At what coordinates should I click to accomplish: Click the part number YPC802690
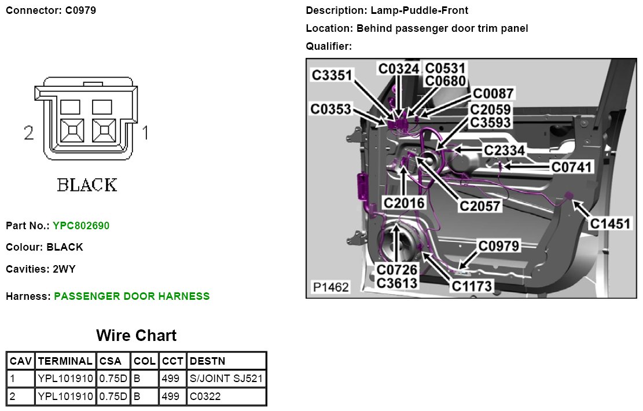click(x=80, y=226)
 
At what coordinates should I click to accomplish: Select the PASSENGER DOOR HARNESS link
click(x=131, y=296)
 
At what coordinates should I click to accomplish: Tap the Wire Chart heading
click(x=136, y=336)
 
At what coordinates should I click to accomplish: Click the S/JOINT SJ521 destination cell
click(x=226, y=379)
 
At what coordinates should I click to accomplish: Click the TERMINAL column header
click(x=65, y=361)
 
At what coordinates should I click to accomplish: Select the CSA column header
click(x=111, y=361)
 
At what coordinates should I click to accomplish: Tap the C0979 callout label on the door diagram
click(x=499, y=245)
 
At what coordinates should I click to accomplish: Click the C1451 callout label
click(x=611, y=223)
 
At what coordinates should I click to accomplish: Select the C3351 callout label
click(x=333, y=75)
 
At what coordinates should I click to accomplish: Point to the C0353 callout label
click(x=331, y=109)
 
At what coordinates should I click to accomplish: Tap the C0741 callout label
click(x=572, y=167)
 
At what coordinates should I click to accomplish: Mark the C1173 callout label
click(x=472, y=285)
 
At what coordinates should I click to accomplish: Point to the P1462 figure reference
click(x=330, y=287)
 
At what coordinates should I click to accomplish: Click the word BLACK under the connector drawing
click(x=87, y=185)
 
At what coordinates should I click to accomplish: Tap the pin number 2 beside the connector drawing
click(x=30, y=133)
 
